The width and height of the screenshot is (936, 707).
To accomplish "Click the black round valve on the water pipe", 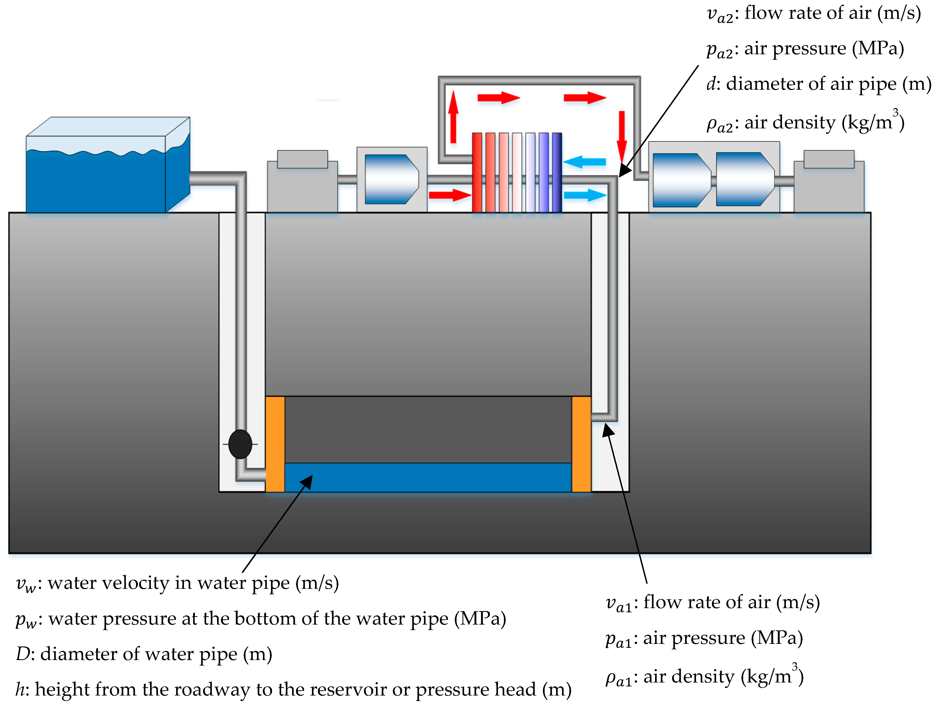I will click(x=240, y=444).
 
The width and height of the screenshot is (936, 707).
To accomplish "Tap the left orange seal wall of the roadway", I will click(x=275, y=444).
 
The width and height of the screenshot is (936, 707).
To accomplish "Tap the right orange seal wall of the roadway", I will click(x=581, y=444).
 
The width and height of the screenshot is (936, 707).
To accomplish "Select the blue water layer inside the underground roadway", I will click(x=427, y=477).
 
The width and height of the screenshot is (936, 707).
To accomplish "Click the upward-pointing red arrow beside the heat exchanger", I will click(x=453, y=117).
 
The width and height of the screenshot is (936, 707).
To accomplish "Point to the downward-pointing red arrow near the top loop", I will click(x=621, y=136).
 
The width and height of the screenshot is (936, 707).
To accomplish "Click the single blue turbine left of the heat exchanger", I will click(x=391, y=179).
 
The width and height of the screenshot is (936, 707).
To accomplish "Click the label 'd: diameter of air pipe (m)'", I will click(x=818, y=84).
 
